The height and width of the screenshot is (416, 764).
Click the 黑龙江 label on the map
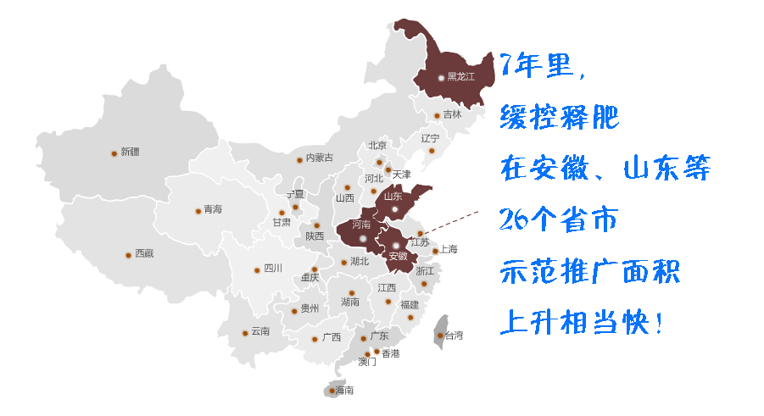(460, 77)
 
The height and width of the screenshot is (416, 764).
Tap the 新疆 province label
(130, 153)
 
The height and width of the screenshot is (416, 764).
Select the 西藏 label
(144, 253)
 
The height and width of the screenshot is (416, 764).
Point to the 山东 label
(393, 196)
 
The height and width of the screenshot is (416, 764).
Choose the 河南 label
(361, 225)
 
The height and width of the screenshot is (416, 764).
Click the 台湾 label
(454, 336)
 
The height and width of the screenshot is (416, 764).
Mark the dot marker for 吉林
(437, 115)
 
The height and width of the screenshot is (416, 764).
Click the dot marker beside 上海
(435, 250)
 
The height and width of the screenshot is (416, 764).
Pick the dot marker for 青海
(197, 209)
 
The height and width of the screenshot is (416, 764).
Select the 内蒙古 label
(320, 158)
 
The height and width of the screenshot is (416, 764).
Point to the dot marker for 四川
(257, 270)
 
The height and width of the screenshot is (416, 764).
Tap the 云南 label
(259, 331)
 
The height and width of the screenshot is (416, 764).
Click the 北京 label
(377, 145)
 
